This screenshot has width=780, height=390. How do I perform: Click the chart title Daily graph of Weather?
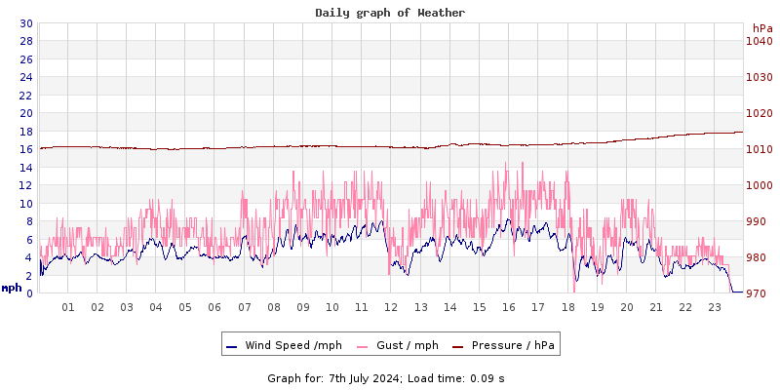coord(389,13)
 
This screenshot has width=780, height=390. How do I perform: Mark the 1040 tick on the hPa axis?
coord(759,41)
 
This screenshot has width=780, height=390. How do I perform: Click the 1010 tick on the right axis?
coord(759,149)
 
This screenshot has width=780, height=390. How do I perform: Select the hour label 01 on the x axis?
coord(68,307)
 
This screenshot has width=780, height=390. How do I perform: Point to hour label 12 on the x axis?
coord(391,307)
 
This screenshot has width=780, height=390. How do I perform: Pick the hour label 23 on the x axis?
coord(715,307)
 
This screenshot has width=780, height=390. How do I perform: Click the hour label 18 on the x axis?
coord(567,307)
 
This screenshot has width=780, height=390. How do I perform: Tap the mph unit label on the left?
coord(12,288)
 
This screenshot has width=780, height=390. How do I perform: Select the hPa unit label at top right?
coord(762,28)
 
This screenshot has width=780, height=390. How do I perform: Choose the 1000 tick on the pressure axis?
coord(759,185)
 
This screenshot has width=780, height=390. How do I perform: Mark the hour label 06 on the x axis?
coord(214,307)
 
